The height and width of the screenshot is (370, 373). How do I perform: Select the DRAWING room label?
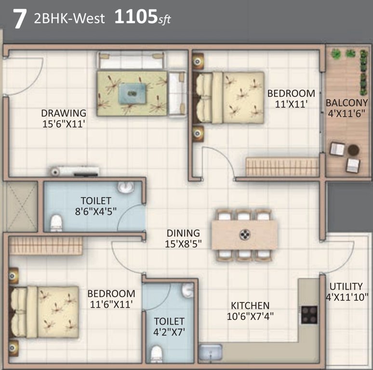click(x=64, y=113)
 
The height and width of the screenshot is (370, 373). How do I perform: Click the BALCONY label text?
click(x=346, y=103)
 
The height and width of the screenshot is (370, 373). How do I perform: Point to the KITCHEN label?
click(x=250, y=305)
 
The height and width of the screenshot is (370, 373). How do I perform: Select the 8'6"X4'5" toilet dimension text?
click(x=96, y=211)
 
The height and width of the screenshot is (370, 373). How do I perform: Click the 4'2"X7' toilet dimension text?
click(x=169, y=332)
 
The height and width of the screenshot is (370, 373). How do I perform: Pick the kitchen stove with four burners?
click(x=309, y=315)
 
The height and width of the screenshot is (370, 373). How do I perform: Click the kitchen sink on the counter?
click(x=211, y=352)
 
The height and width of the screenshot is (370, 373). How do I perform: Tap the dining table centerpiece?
click(x=245, y=235)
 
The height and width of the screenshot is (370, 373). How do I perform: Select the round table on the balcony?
click(x=353, y=149)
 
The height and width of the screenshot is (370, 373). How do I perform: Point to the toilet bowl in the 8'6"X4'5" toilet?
click(x=56, y=223)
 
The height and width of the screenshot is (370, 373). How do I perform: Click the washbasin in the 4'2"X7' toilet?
click(x=187, y=290)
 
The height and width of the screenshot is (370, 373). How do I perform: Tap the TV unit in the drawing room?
click(x=75, y=171)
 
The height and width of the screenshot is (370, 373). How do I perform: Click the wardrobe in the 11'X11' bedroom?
click(x=282, y=167)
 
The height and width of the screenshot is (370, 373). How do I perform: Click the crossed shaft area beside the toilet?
click(x=21, y=207)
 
